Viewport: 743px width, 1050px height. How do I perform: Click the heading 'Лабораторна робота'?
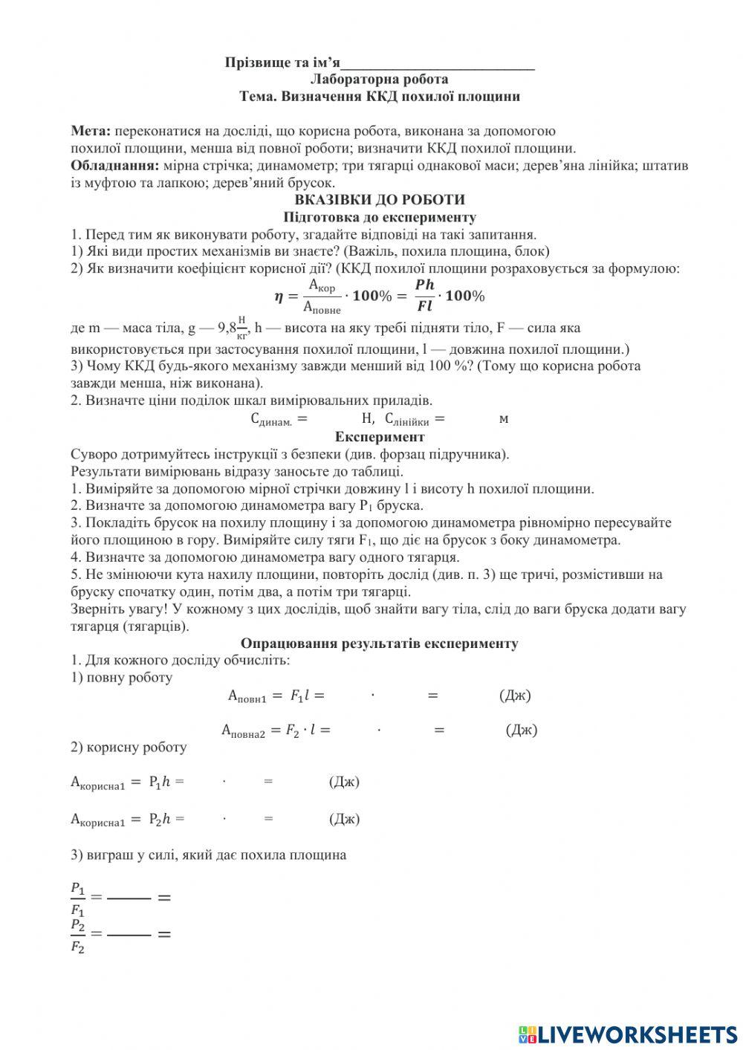380,80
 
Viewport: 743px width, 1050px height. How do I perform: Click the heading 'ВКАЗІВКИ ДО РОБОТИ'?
380,200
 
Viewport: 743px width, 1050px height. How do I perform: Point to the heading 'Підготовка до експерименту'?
380,217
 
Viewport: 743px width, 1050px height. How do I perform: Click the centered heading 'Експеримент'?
380,437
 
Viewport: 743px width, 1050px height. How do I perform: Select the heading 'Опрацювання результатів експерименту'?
380,643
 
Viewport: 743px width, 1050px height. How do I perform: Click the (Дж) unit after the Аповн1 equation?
515,696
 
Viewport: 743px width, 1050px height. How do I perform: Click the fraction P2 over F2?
77,936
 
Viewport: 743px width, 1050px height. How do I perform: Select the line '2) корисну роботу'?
129,748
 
